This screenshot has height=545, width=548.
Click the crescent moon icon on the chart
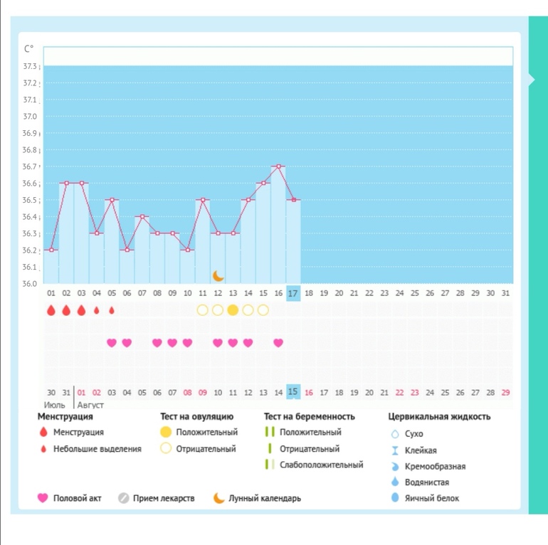pyautogui.click(x=218, y=275)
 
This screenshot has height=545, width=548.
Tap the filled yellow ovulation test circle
pyautogui.click(x=233, y=310)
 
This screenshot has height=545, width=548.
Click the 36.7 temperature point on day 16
pyautogui.click(x=278, y=166)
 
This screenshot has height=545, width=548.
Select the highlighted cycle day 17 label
pyautogui.click(x=293, y=292)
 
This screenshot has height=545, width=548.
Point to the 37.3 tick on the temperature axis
pyautogui.click(x=31, y=66)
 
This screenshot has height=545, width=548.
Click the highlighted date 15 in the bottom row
pyautogui.click(x=293, y=392)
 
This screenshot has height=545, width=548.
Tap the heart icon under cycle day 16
pyautogui.click(x=278, y=343)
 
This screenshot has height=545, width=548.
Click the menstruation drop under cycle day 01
pyautogui.click(x=51, y=310)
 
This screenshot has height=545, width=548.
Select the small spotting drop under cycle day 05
pyautogui.click(x=111, y=310)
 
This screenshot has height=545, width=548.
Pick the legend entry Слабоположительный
pyautogui.click(x=322, y=465)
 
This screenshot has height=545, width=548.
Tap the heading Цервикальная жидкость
pyautogui.click(x=439, y=417)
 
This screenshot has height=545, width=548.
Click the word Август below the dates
pyautogui.click(x=90, y=405)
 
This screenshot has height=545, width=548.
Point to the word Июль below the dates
pyautogui.click(x=54, y=405)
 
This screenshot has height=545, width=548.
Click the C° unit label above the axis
pyautogui.click(x=28, y=49)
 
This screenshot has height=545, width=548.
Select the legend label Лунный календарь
pyautogui.click(x=264, y=498)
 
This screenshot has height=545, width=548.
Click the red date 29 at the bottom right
pyautogui.click(x=505, y=393)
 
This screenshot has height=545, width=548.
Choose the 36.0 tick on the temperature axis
pyautogui.click(x=31, y=284)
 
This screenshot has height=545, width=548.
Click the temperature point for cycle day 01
pyautogui.click(x=51, y=250)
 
